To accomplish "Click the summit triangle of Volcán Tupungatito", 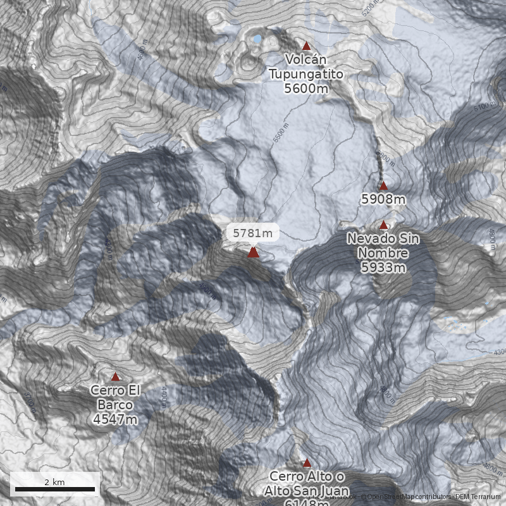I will (307, 46).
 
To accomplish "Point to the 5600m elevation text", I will (306, 89).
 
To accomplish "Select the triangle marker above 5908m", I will (383, 185).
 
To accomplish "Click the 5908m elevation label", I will (383, 199).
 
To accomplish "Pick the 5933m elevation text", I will (383, 268).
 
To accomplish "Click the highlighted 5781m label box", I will (253, 233).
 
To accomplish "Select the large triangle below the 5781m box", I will (253, 252).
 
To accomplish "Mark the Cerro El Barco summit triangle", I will (115, 376).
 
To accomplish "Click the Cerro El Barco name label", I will (115, 397).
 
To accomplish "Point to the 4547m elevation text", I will (115, 419).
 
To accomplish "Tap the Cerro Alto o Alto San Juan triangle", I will (307, 462).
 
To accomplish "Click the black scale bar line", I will (54, 489).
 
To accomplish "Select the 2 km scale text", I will (54, 482).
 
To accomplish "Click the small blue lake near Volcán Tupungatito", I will (257, 39).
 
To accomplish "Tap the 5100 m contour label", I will (481, 108).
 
